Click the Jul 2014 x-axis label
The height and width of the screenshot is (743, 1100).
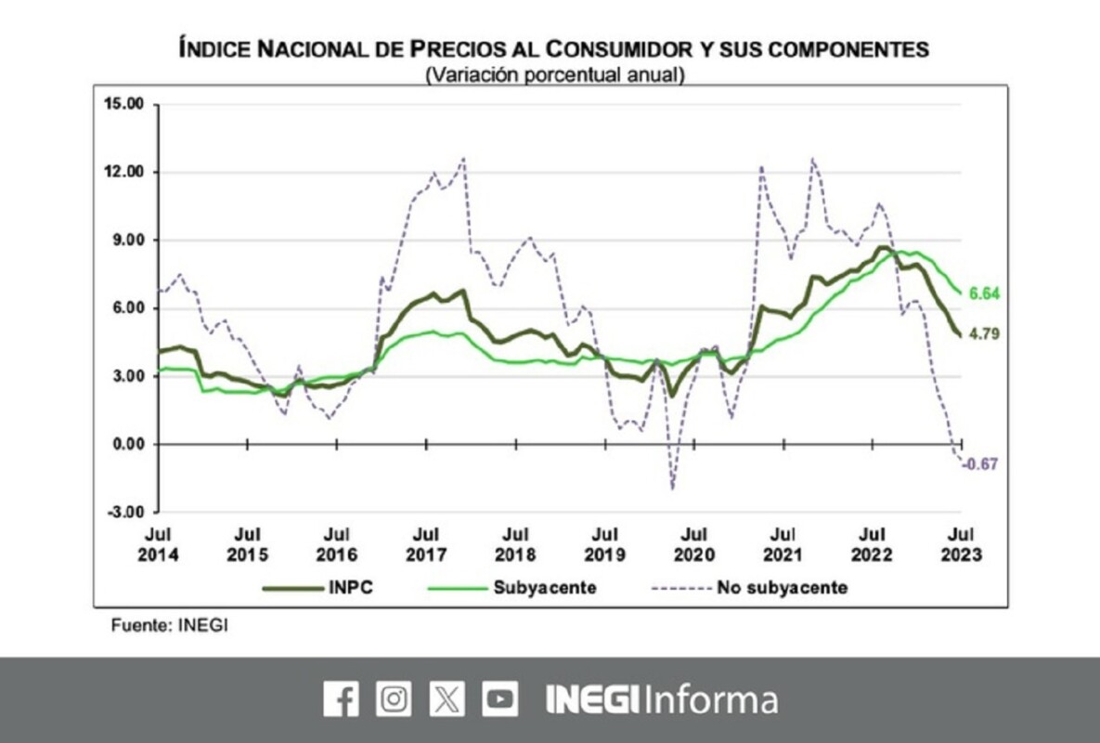157,544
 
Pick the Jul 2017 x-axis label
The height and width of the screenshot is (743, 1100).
425,544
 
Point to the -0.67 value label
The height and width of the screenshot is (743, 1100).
980,464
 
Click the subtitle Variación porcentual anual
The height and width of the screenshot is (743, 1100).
554,75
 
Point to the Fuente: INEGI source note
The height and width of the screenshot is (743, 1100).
169,625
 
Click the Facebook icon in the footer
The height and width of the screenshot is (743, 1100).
341,698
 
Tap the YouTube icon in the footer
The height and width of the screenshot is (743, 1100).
500,698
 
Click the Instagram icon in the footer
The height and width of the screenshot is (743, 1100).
394,698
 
